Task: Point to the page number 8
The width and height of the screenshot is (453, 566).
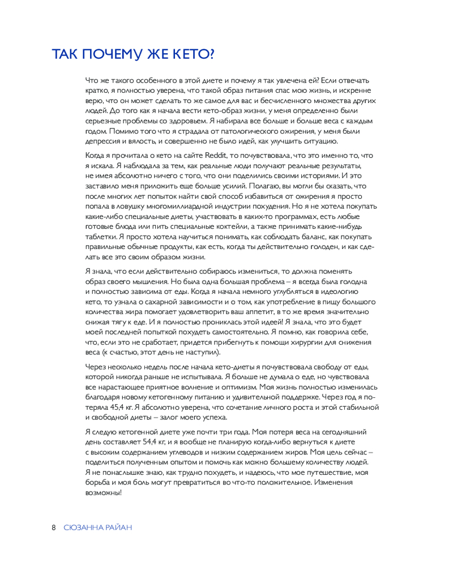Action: coord(54,528)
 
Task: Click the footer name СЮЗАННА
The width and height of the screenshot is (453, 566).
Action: coord(83,528)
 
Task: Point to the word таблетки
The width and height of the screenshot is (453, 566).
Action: coord(100,237)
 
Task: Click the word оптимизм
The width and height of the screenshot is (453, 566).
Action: coord(237,387)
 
